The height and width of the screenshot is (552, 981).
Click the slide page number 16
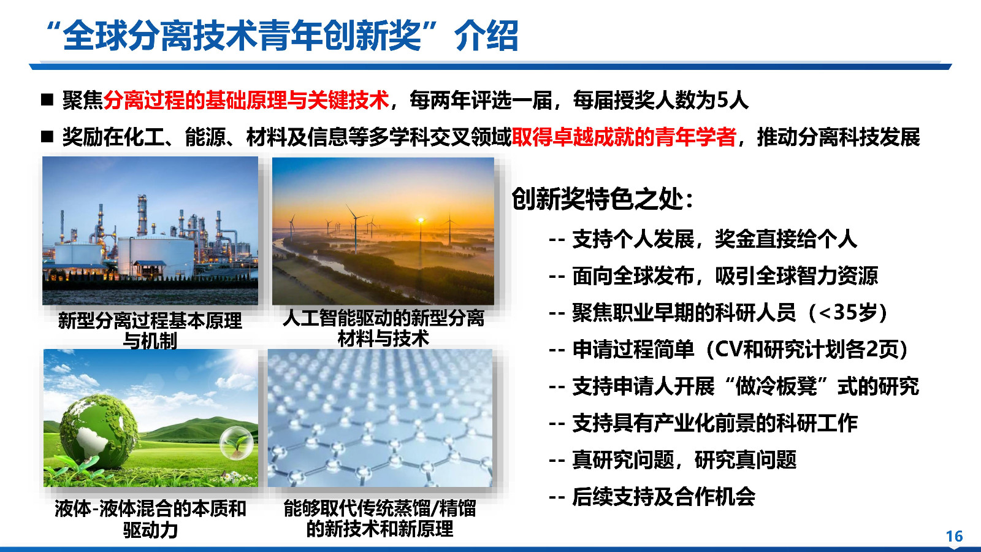(954, 536)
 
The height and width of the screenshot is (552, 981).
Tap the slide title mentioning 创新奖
(282, 35)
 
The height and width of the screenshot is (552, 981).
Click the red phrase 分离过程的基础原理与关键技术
(246, 100)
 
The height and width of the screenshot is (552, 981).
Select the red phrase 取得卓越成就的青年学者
(624, 137)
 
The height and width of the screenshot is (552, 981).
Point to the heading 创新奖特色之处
(602, 199)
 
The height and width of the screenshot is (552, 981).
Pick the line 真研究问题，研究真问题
(684, 459)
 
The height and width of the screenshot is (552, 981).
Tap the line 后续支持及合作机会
(663, 496)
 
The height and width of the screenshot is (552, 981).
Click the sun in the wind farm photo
(421, 220)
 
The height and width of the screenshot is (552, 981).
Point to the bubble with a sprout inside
(237, 443)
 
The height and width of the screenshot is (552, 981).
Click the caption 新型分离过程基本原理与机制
(150, 329)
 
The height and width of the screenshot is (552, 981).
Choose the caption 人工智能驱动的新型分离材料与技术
(383, 328)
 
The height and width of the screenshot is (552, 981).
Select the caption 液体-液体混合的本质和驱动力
(150, 518)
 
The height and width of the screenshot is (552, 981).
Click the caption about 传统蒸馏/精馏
(380, 518)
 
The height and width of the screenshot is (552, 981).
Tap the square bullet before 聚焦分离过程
(48, 100)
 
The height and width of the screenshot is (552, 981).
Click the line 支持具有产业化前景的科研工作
(714, 423)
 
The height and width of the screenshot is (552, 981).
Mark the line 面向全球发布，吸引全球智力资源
(725, 276)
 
